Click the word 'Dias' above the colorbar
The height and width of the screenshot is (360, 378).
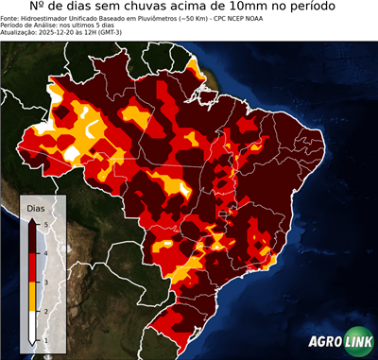coord(35,206)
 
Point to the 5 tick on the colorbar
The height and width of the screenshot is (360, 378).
coord(44,223)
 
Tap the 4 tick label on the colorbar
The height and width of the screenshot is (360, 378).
coord(44,252)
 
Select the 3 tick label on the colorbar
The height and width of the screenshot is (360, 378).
coord(44,282)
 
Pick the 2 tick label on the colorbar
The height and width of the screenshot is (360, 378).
coord(44,311)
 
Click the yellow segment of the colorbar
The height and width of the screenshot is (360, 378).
coord(31,297)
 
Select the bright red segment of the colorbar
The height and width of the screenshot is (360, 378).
coord(31,267)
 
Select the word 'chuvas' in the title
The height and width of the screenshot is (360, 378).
coord(141,8)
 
